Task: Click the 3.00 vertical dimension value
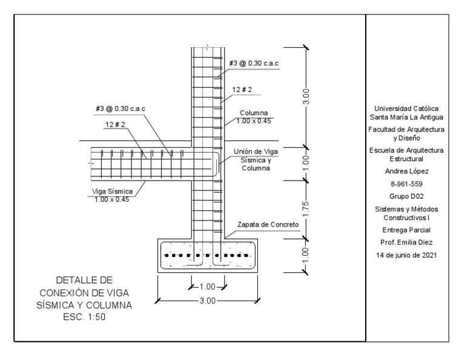pyautogui.click(x=306, y=96)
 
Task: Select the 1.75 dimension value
pyautogui.click(x=306, y=209)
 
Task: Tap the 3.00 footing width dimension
pyautogui.click(x=207, y=301)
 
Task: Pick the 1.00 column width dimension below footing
pyautogui.click(x=207, y=287)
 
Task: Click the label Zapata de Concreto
pyautogui.click(x=268, y=224)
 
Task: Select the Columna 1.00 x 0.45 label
pyautogui.click(x=254, y=117)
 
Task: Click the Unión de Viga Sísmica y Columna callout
pyautogui.click(x=256, y=159)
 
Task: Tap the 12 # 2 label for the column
pyautogui.click(x=242, y=90)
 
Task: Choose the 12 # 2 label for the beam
pyautogui.click(x=115, y=124)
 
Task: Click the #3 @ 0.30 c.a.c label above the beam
pyautogui.click(x=120, y=108)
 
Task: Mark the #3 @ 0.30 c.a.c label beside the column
pyautogui.click(x=254, y=63)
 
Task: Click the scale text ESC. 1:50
pyautogui.click(x=84, y=317)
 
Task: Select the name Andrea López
pyautogui.click(x=407, y=172)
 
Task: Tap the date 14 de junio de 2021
pyautogui.click(x=406, y=255)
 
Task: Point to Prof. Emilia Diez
pyautogui.click(x=406, y=242)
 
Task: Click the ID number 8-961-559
pyautogui.click(x=406, y=184)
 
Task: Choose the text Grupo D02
pyautogui.click(x=406, y=196)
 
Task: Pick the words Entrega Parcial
pyautogui.click(x=406, y=230)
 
